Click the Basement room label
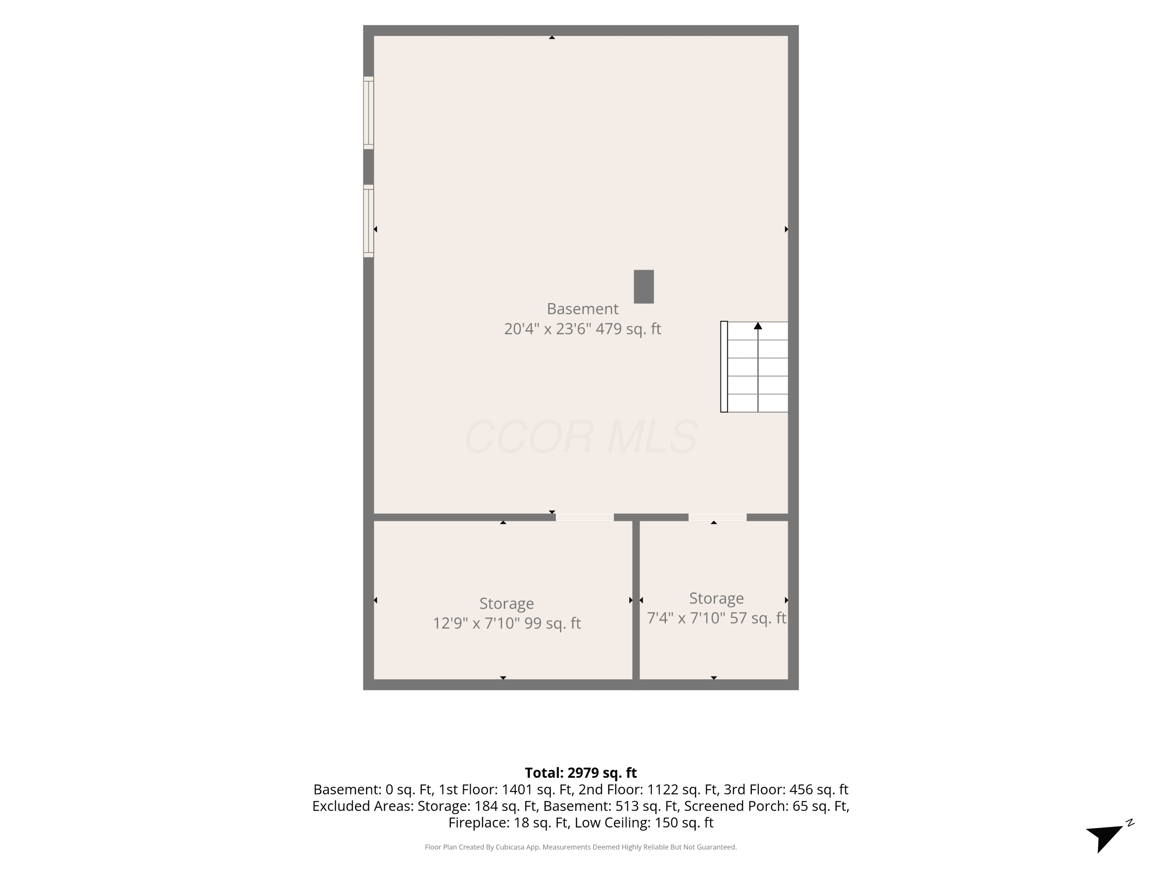point(582,309)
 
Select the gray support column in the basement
point(643,287)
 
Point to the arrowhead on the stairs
point(758,326)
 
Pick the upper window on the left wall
point(369,112)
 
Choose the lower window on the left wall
point(369,221)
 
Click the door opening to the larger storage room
point(584,517)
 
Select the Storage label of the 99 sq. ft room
point(506,603)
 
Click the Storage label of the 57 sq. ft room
point(716,598)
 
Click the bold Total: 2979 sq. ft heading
point(581,773)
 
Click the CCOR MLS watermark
point(581,437)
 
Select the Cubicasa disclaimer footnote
point(581,847)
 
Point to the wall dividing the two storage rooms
point(636,600)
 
